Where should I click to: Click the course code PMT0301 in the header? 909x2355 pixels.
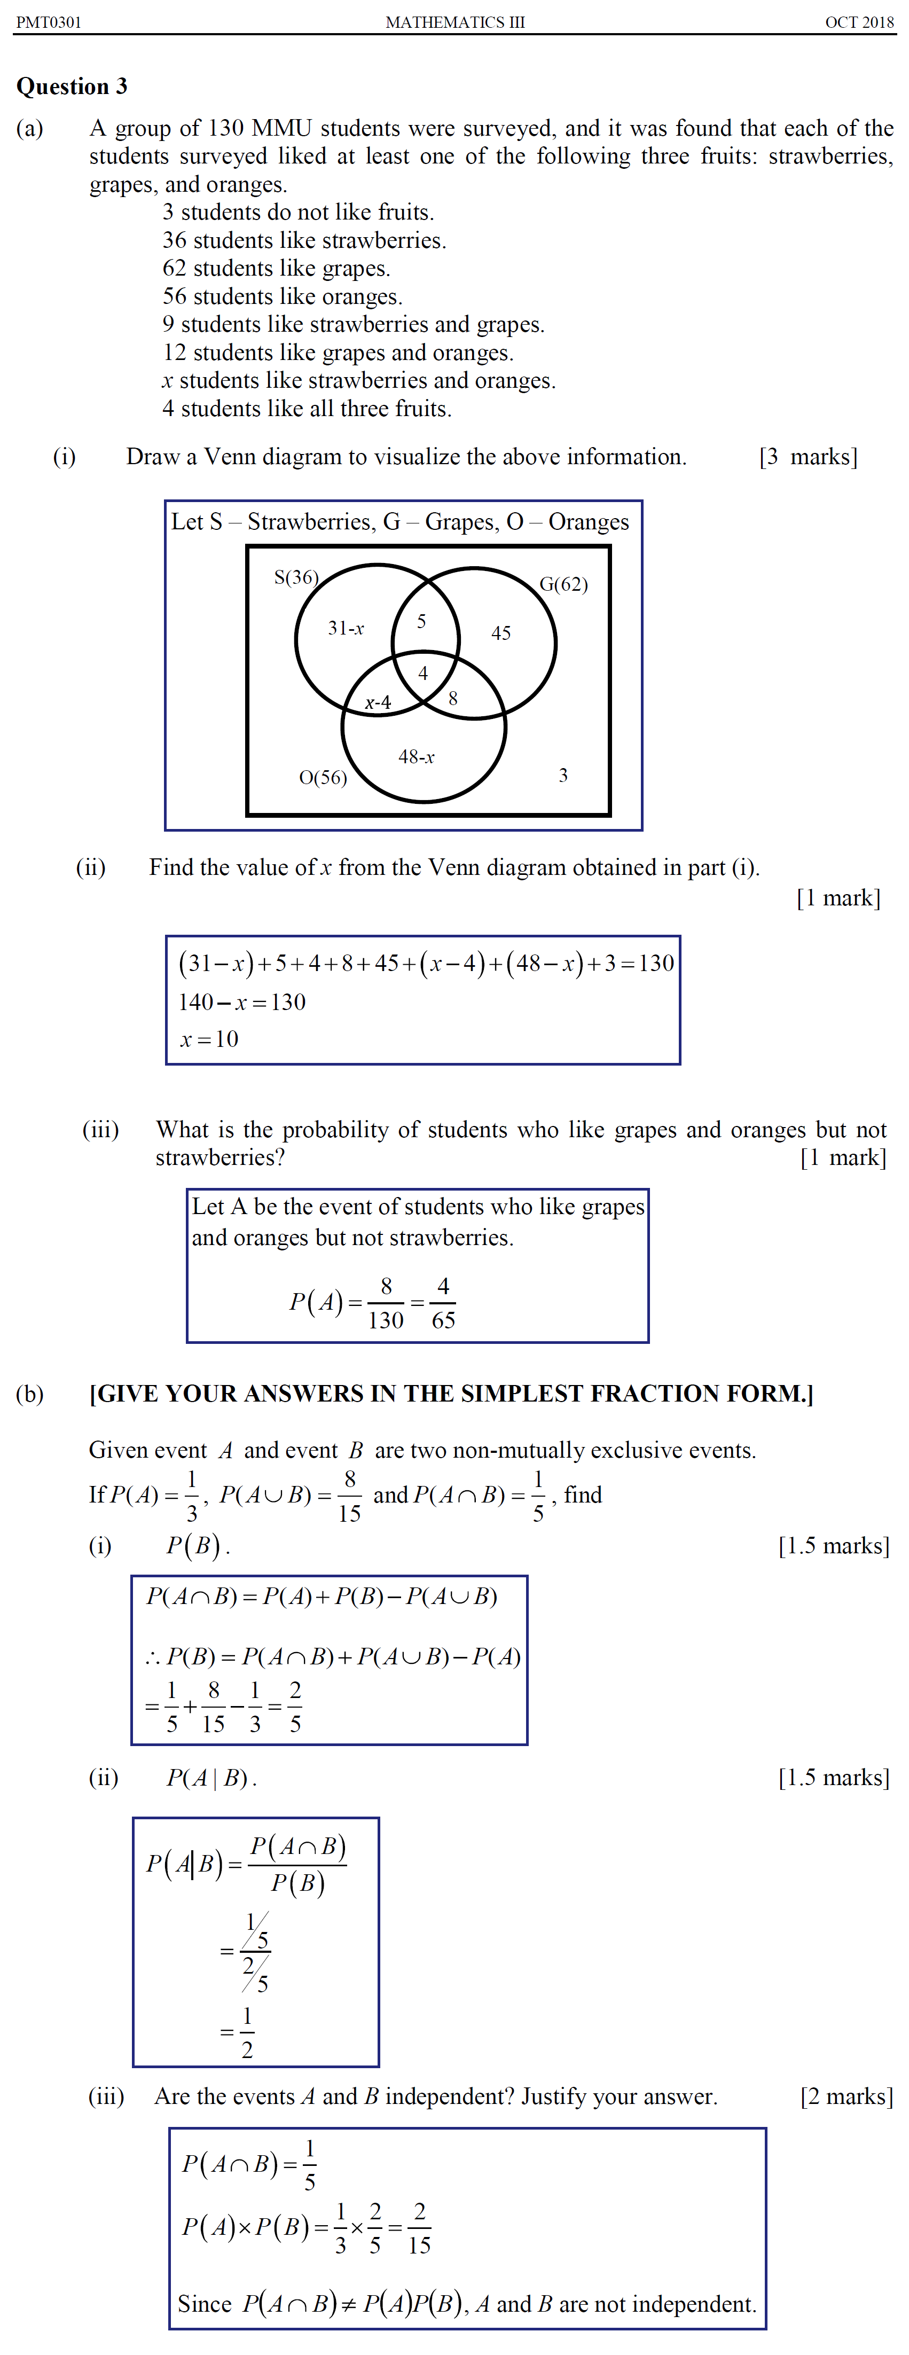click(x=49, y=22)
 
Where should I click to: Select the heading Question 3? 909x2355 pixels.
click(x=72, y=87)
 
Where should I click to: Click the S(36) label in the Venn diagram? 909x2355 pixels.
click(x=296, y=577)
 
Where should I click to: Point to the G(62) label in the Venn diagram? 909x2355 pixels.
click(x=563, y=584)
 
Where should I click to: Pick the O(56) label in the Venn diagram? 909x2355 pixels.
click(x=323, y=778)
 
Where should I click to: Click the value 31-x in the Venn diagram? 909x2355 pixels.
click(x=346, y=628)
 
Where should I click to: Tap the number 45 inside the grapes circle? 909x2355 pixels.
click(x=501, y=632)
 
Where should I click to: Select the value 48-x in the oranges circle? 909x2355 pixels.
click(x=416, y=757)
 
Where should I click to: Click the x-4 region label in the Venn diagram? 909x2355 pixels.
click(x=378, y=702)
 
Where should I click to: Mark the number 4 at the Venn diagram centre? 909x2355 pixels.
click(x=422, y=674)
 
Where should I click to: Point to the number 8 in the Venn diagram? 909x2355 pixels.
click(x=453, y=699)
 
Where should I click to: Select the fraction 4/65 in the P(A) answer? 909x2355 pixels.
click(x=443, y=1303)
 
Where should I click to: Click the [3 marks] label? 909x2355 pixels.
click(x=809, y=457)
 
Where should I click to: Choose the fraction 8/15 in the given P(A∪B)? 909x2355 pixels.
click(x=349, y=1496)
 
